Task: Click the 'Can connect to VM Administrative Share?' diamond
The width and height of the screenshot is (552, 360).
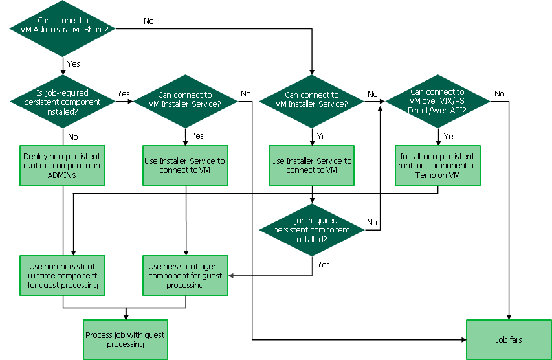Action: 63,25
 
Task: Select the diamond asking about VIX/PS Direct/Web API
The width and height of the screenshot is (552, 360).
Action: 437,101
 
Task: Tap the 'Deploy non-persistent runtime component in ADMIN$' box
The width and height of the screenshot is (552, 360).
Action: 63,165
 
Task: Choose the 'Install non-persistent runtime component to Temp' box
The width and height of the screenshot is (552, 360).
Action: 437,165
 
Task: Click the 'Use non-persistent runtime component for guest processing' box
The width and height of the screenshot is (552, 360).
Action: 63,276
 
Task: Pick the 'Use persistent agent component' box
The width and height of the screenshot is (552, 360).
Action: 185,276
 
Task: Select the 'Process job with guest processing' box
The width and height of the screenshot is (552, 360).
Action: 125,339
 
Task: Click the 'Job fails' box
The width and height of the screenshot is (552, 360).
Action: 509,339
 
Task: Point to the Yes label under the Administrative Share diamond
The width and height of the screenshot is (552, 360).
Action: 74,63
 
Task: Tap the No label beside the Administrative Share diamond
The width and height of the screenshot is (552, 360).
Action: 149,21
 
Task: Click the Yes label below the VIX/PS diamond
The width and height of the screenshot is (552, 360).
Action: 450,136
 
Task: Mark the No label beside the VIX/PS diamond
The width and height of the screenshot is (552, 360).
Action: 499,94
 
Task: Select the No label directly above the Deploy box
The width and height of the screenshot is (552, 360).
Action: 73,137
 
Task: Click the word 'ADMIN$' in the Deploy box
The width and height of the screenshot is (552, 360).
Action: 63,175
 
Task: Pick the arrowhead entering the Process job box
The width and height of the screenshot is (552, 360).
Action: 125,317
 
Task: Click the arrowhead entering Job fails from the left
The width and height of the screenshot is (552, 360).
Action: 463,339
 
